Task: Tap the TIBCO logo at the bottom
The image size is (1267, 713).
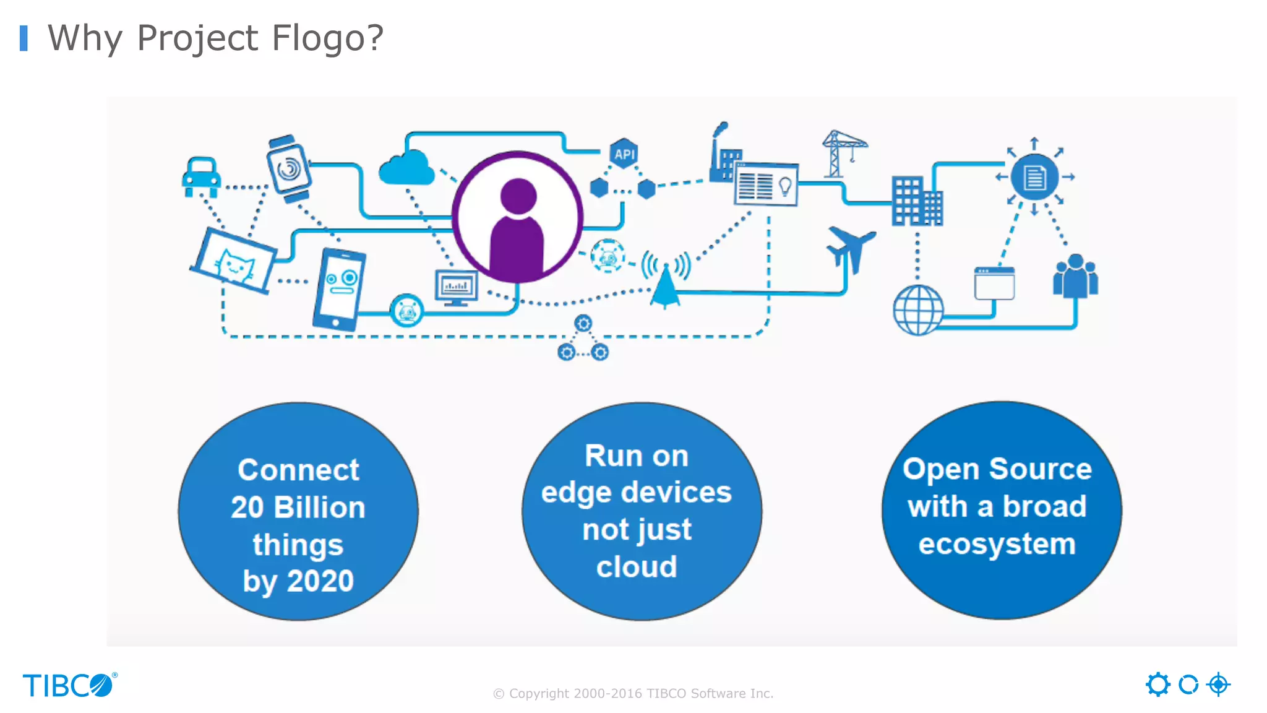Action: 69,685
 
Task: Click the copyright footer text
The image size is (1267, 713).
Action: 633,693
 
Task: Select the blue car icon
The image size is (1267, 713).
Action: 201,177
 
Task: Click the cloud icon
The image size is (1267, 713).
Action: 406,168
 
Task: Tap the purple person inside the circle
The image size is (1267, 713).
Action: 517,226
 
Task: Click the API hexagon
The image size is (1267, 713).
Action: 624,154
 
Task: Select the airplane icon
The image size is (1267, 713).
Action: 851,248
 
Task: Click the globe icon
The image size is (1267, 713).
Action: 918,309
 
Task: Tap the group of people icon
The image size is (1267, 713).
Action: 1075,276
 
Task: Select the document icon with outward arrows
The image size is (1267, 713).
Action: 1034,177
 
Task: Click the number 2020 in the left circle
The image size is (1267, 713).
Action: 320,581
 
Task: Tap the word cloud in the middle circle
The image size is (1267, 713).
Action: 637,566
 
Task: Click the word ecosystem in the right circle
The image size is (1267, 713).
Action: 997,544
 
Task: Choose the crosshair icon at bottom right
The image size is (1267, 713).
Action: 1218,685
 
